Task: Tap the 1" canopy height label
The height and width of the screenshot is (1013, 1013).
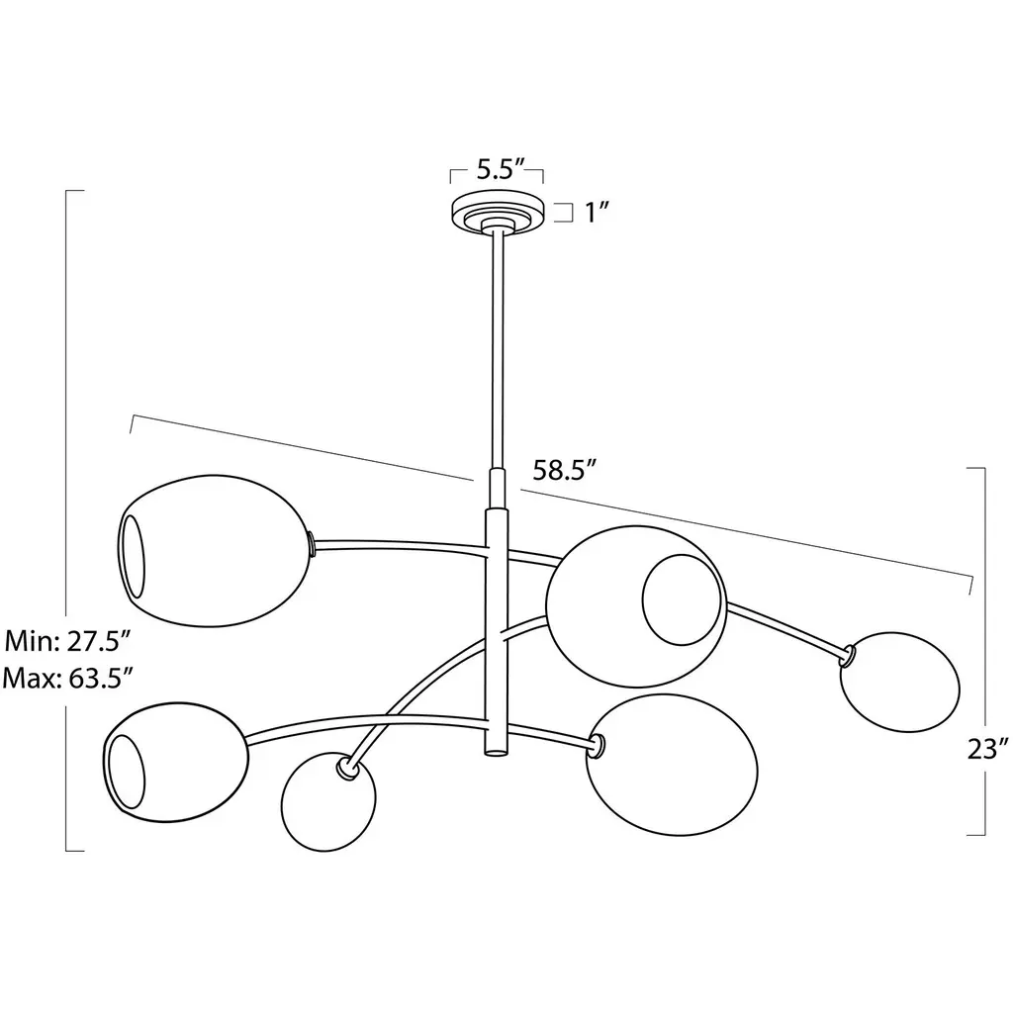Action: (598, 212)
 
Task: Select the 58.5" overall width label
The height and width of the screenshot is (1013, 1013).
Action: (563, 470)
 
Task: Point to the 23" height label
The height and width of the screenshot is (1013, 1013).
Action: (988, 750)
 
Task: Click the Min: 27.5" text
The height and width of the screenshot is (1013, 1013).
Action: (68, 641)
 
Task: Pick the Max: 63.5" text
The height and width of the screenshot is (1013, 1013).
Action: (68, 679)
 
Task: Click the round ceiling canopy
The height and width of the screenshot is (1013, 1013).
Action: (497, 212)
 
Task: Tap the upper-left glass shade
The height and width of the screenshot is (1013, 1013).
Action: (214, 551)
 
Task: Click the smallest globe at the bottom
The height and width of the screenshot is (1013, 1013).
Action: (328, 802)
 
